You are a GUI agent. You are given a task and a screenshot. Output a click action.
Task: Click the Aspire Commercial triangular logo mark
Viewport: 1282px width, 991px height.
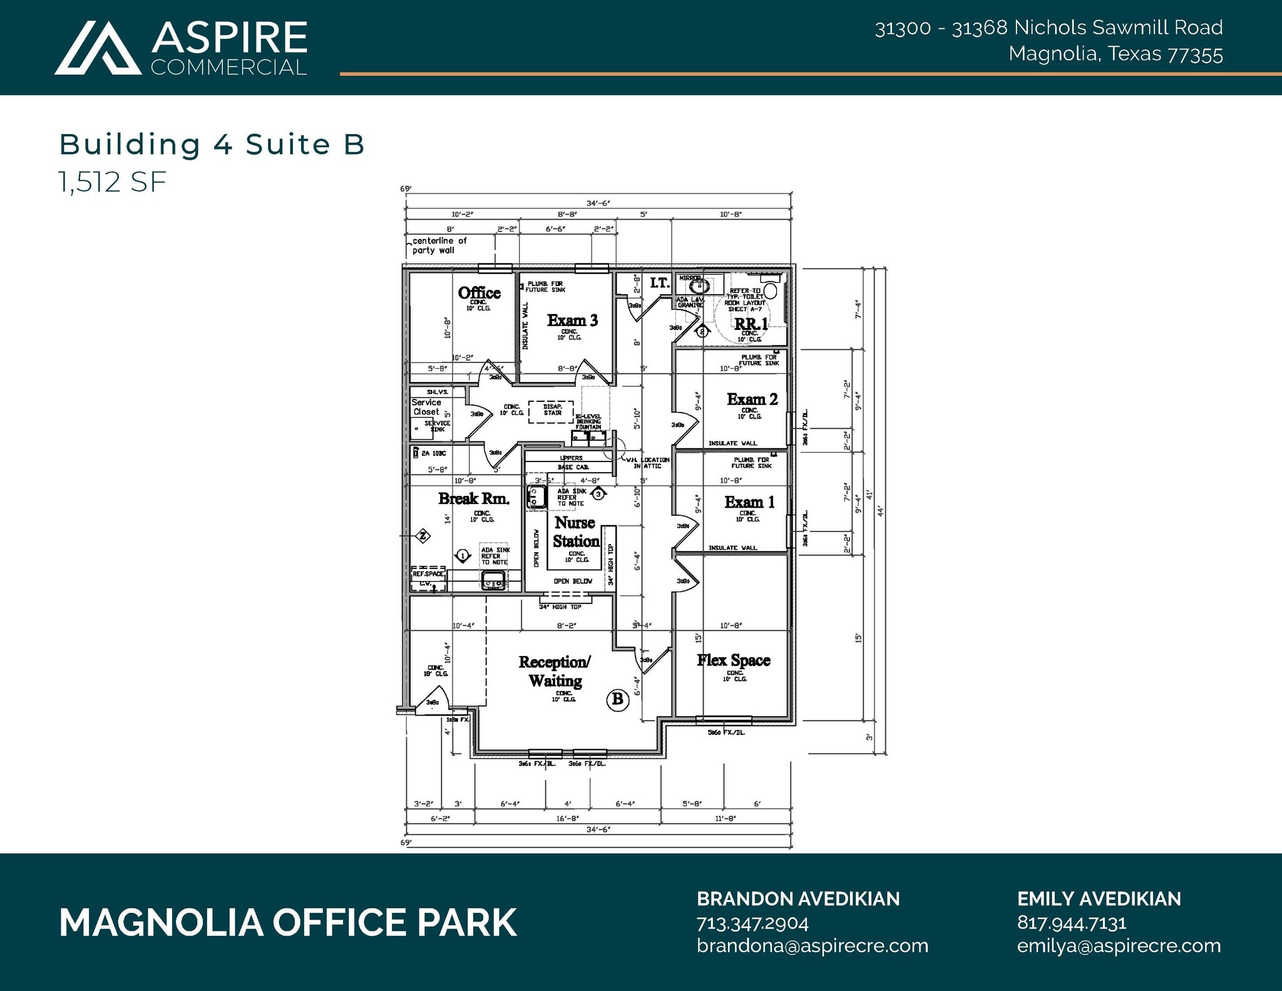98,49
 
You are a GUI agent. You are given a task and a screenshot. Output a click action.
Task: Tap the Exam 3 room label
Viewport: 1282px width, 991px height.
572,321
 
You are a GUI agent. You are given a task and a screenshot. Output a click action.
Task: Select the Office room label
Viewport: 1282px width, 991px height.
479,293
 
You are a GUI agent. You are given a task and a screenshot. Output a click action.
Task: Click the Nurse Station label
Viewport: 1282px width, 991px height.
576,532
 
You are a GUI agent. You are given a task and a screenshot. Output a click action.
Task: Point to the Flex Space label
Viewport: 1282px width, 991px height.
734,660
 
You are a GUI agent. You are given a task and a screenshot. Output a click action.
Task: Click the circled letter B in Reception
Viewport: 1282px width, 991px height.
618,699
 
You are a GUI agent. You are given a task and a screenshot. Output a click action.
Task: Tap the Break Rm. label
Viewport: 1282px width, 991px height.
474,499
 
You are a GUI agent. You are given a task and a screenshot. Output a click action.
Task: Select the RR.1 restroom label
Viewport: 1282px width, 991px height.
751,324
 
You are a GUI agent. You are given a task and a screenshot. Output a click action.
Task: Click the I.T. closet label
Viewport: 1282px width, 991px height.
660,284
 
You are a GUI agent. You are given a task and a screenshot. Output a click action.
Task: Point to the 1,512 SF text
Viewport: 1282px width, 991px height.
113,182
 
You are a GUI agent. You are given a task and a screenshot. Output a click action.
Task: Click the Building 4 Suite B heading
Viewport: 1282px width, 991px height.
212,145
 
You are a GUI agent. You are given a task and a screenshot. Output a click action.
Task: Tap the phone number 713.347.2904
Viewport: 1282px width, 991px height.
752,923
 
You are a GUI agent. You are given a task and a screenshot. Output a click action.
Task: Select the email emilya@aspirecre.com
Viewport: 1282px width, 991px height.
1119,946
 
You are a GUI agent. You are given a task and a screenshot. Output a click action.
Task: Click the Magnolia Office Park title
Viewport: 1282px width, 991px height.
288,923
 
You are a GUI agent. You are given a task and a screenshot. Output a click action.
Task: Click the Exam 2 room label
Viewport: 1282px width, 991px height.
752,399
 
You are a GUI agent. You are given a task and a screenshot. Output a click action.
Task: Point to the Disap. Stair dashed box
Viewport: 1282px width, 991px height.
551,411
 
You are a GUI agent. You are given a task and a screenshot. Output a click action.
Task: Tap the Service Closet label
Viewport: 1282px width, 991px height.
426,407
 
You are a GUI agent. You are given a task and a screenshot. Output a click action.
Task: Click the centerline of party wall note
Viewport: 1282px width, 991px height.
439,245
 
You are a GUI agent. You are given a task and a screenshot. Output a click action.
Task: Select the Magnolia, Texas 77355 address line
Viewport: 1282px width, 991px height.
1115,54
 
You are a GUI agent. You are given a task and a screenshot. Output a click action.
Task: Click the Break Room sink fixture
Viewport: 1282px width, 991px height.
493,581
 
